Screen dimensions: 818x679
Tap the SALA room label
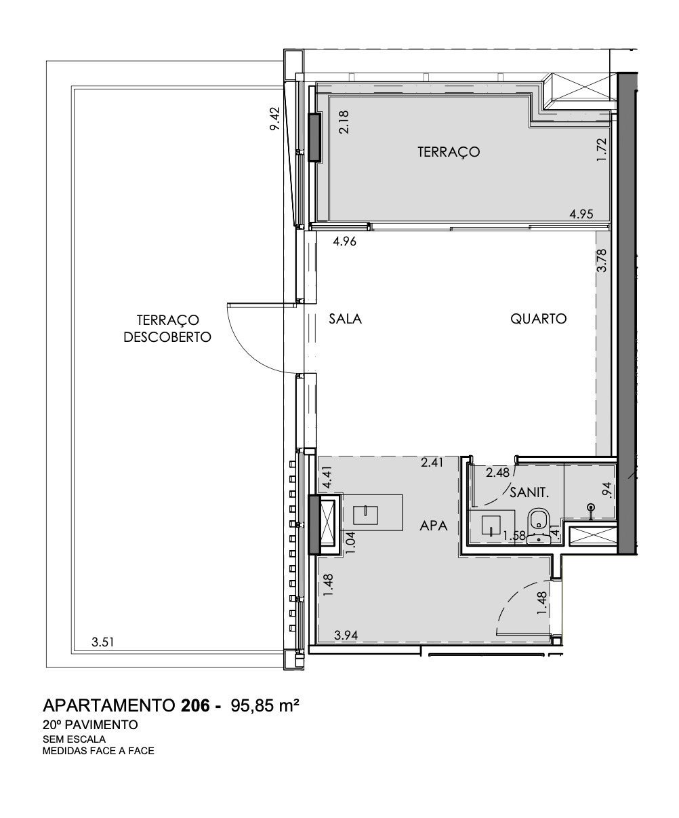click(x=346, y=319)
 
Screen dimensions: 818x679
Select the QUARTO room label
click(x=538, y=319)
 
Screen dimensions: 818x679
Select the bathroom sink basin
click(x=491, y=526)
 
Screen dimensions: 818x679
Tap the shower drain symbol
click(x=591, y=507)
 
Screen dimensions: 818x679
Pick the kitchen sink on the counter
click(x=370, y=515)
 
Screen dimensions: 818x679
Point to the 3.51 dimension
click(x=102, y=641)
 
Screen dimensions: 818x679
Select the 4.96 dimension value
click(x=344, y=240)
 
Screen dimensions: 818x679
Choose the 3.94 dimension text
click(x=347, y=636)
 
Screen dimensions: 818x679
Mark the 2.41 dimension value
click(x=431, y=463)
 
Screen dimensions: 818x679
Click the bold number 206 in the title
click(x=197, y=705)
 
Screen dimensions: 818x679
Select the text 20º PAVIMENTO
click(x=90, y=725)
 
